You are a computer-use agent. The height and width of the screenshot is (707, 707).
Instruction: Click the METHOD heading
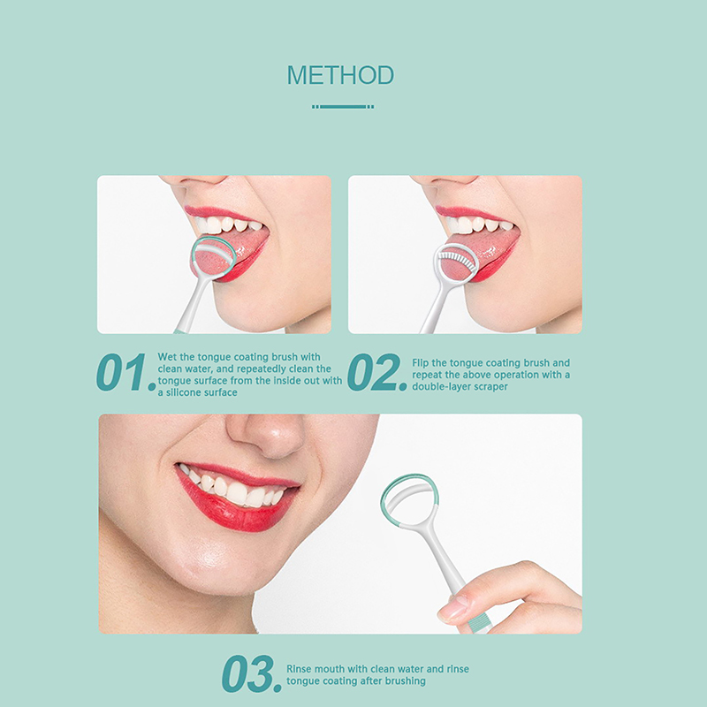[x=340, y=75]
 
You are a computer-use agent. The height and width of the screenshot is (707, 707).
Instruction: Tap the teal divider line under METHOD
[x=343, y=107]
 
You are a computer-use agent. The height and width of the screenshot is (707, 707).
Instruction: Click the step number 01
[x=125, y=372]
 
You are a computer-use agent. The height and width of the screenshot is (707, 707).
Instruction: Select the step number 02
[x=377, y=372]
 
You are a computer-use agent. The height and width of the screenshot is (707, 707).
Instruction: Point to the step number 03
[x=252, y=674]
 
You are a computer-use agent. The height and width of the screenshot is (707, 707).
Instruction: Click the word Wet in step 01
[x=167, y=357]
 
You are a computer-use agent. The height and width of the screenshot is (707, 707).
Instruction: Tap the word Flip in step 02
[x=421, y=363]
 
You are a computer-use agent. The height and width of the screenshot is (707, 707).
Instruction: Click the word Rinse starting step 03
[x=299, y=669]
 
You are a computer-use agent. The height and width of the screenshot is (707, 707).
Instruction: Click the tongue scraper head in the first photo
[x=212, y=258]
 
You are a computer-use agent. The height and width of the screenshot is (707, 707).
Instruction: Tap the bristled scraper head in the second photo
[x=456, y=262]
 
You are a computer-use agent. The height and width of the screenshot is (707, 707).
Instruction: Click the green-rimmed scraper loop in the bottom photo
[x=408, y=499]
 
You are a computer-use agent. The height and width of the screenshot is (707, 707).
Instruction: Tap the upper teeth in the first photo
[x=228, y=224]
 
